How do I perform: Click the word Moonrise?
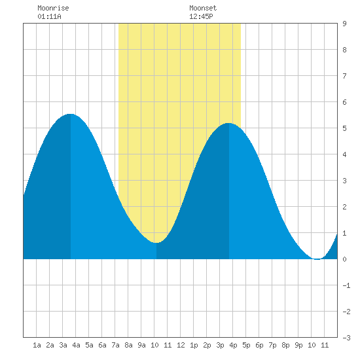click(53, 8)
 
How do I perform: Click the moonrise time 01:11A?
click(49, 16)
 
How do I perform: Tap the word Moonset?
click(203, 8)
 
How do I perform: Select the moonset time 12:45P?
click(201, 16)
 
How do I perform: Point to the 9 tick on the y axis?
click(344, 24)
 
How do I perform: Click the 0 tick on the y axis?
click(344, 259)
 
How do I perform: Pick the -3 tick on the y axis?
click(346, 338)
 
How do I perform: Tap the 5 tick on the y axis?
click(344, 128)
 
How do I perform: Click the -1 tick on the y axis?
click(346, 285)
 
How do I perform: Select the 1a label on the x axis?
click(37, 345)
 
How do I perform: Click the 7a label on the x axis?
click(115, 345)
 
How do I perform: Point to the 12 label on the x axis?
click(181, 345)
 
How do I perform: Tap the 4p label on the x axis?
click(233, 345)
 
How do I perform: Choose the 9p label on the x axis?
click(298, 345)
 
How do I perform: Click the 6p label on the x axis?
click(259, 345)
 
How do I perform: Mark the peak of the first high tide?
click(71, 114)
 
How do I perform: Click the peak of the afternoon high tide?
click(228, 123)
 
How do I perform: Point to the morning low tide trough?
click(156, 242)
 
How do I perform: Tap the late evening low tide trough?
click(317, 259)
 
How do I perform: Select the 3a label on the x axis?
click(63, 345)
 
